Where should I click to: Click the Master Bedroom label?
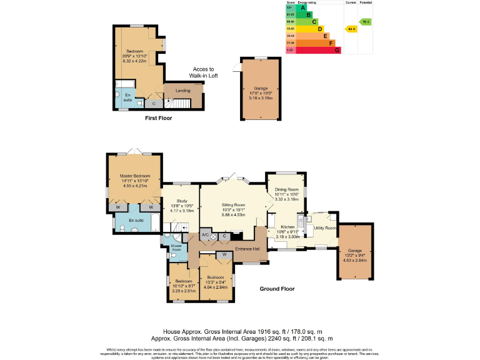pos(136,176)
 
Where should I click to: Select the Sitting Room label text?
pos(231,205)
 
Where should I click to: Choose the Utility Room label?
pos(325,228)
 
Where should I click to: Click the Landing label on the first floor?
pos(183,91)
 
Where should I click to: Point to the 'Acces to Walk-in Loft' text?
pos(202,72)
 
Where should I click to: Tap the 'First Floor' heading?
pos(158,117)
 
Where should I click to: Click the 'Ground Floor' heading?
pos(277,289)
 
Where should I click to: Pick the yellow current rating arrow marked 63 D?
pos(351,29)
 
